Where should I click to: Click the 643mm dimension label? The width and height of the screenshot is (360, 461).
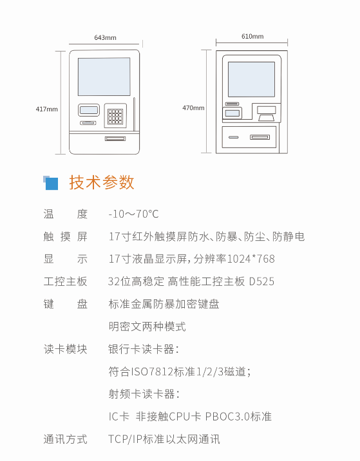coord(105,37)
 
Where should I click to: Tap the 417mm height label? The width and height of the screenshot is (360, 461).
coord(47,109)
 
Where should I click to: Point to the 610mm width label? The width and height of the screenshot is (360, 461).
coord(252,37)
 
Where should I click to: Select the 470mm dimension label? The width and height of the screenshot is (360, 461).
coord(193,108)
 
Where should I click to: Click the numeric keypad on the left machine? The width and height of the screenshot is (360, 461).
coord(115,117)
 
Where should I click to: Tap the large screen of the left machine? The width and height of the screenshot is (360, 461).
coord(104,77)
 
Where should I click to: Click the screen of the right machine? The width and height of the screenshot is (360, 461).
coord(251,79)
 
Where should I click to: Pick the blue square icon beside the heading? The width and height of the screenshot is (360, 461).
coord(51,183)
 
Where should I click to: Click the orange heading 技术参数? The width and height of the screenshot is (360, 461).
coord(102,182)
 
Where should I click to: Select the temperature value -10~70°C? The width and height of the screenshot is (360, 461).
coord(133,214)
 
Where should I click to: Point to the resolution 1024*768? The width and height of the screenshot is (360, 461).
coord(251,259)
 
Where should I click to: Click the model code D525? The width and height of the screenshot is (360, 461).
coord(261,281)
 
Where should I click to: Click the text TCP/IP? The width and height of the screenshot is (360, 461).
coord(126,439)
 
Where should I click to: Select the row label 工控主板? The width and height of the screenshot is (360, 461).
coord(65,281)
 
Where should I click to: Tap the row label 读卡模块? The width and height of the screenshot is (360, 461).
coord(65,349)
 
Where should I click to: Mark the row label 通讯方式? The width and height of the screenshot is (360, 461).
coord(65,439)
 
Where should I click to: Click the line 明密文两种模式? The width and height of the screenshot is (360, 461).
coord(147,326)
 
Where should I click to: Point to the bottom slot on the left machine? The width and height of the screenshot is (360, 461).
coord(115,138)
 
